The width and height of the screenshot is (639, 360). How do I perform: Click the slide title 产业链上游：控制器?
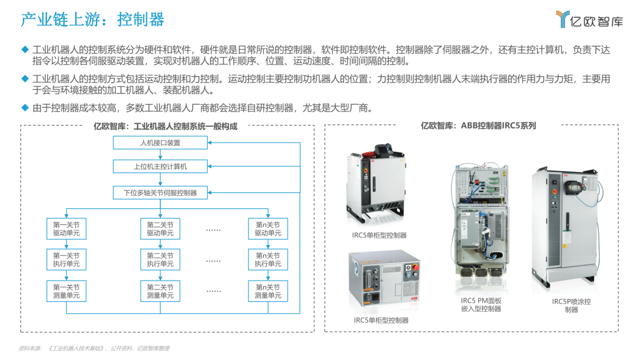point(92,20)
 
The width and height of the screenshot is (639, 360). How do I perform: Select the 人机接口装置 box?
point(160,143)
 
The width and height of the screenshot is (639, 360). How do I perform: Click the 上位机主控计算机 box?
point(160,166)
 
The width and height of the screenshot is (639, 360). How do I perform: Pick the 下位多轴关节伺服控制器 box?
point(160,192)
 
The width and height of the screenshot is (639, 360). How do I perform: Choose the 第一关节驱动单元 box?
point(66,229)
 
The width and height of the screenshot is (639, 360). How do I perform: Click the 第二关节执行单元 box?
point(160,260)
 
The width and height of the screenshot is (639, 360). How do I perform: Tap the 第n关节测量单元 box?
point(268,291)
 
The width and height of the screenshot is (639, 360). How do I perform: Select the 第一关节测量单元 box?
point(66,291)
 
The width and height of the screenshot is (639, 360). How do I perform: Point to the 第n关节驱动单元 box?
point(268,229)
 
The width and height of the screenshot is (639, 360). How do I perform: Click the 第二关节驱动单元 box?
point(160,229)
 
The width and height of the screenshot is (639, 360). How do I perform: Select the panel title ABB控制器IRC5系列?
point(478,126)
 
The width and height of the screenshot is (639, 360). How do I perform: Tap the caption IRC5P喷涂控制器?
point(571,306)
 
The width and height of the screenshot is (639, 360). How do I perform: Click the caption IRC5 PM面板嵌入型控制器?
point(481,305)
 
